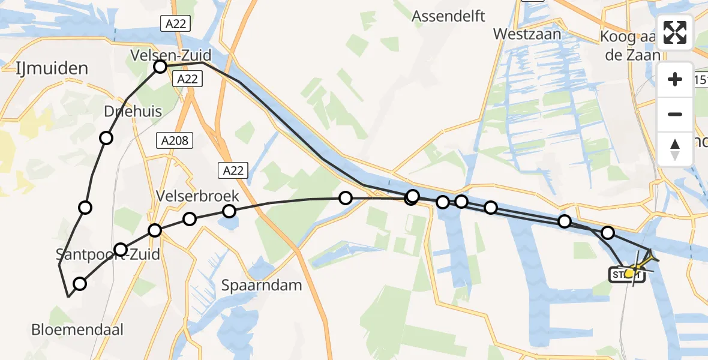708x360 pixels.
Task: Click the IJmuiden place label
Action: (52, 67)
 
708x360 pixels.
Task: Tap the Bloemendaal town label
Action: (79, 329)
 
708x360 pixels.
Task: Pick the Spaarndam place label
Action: (261, 285)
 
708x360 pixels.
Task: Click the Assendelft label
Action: (448, 16)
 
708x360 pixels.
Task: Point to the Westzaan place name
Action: (527, 34)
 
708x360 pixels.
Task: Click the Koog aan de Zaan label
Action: (630, 46)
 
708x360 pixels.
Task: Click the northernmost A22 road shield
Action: (175, 24)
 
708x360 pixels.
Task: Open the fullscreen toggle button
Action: (675, 32)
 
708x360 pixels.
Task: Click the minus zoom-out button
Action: (675, 114)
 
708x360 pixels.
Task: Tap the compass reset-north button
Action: (675, 149)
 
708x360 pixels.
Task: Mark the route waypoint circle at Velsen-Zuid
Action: (160, 67)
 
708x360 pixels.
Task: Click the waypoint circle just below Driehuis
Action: (106, 138)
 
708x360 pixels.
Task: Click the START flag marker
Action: (624, 275)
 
